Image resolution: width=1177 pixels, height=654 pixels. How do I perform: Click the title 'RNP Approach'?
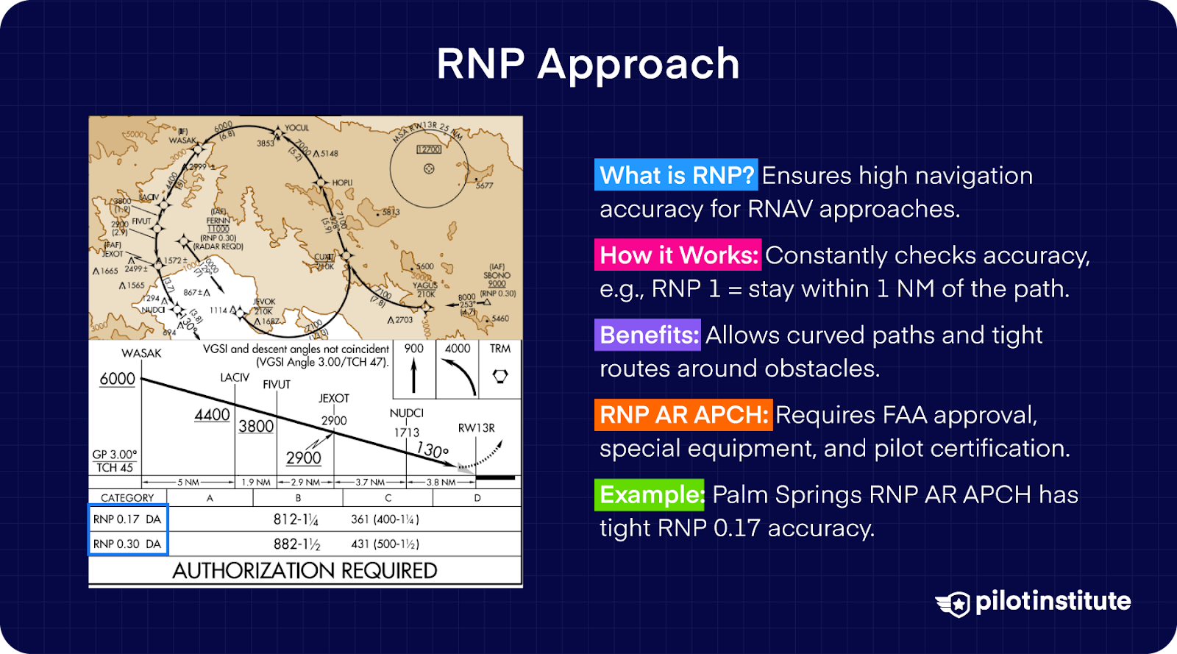[588, 64]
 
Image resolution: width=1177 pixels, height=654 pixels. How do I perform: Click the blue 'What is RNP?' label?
[676, 176]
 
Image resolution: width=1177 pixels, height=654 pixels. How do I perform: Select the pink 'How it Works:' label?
[678, 255]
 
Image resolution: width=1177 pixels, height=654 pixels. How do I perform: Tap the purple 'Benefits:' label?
[647, 335]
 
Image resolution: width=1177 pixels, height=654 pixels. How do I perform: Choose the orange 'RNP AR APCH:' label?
[683, 415]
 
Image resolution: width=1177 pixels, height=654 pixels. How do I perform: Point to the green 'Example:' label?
[650, 494]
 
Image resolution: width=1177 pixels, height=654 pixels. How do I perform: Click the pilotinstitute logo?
[1033, 603]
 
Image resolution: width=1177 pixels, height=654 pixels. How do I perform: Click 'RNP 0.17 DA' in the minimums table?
[127, 519]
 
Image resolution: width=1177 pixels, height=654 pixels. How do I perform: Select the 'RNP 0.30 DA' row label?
[127, 544]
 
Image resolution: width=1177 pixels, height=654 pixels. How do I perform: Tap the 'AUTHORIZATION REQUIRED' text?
[305, 571]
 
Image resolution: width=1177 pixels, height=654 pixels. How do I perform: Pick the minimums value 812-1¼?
[296, 519]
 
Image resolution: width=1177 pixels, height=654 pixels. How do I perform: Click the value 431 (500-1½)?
[385, 544]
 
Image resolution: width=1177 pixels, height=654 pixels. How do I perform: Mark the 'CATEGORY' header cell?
[127, 498]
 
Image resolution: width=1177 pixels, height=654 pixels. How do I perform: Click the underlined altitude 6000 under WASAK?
[118, 379]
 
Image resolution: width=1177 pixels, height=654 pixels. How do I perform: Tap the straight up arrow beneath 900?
[413, 376]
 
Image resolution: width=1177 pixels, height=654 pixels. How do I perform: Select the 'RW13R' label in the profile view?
[476, 428]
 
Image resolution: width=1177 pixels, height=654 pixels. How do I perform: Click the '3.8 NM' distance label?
[441, 483]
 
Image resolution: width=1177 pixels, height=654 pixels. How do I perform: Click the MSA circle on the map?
[429, 168]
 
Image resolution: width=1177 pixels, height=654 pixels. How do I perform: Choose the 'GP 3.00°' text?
[114, 455]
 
